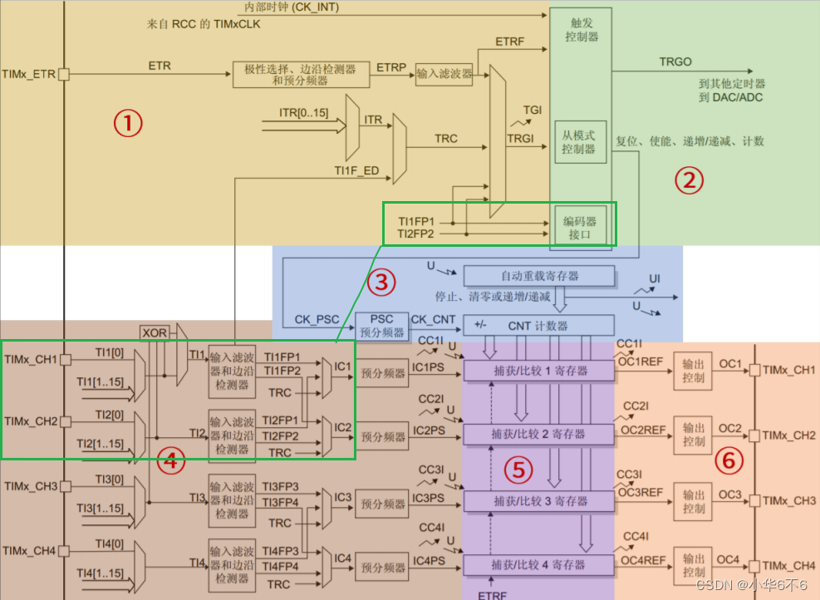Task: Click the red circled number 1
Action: [x=128, y=124]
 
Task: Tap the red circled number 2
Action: [x=688, y=180]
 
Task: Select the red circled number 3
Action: [x=381, y=283]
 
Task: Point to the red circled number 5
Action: [x=518, y=470]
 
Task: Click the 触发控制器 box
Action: [x=580, y=31]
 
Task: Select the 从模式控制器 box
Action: [x=579, y=142]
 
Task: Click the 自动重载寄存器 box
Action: [x=538, y=275]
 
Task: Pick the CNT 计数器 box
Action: [x=538, y=324]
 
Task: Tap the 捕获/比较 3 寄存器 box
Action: [x=538, y=501]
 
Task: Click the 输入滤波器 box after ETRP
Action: [x=444, y=74]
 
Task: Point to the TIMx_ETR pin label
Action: [x=29, y=74]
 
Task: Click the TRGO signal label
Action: [x=675, y=61]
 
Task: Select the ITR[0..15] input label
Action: [x=304, y=112]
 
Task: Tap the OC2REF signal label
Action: [x=641, y=430]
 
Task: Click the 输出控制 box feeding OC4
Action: [x=694, y=566]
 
